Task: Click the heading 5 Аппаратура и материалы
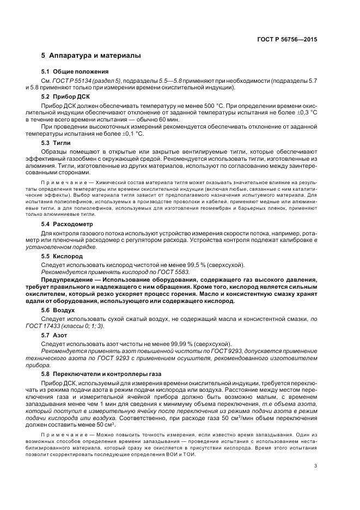click(91, 56)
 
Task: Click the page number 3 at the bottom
click(316, 465)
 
